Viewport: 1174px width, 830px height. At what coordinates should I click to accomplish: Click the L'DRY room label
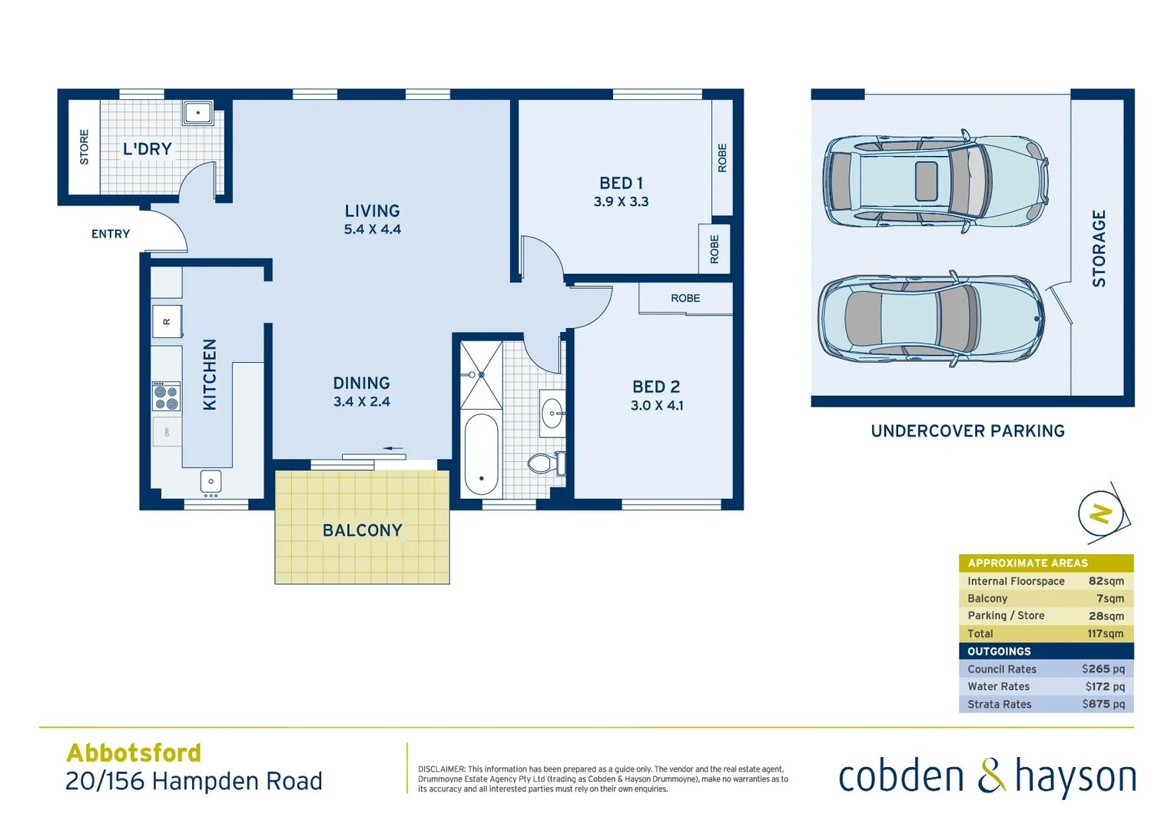pyautogui.click(x=147, y=149)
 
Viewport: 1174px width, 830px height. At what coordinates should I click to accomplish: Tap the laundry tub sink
pyautogui.click(x=197, y=113)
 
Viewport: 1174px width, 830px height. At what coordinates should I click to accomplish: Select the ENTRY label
pyautogui.click(x=111, y=234)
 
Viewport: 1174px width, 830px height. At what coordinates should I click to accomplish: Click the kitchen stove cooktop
pyautogui.click(x=166, y=397)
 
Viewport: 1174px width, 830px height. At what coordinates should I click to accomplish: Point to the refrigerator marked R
pyautogui.click(x=167, y=321)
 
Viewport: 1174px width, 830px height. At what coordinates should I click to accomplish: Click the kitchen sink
pyautogui.click(x=211, y=482)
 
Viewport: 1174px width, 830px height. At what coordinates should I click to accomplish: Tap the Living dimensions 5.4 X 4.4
pyautogui.click(x=372, y=229)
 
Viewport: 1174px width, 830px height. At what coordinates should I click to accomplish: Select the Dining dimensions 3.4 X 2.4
pyautogui.click(x=361, y=401)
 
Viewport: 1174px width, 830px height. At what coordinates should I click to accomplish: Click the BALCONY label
pyautogui.click(x=362, y=530)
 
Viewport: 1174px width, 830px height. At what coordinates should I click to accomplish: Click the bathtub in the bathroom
pyautogui.click(x=482, y=456)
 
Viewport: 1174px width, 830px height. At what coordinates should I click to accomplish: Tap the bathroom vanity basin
pyautogui.click(x=552, y=413)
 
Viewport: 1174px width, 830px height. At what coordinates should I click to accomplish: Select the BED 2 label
pyautogui.click(x=656, y=387)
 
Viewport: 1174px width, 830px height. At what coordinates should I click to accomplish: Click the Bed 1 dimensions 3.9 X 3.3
pyautogui.click(x=621, y=201)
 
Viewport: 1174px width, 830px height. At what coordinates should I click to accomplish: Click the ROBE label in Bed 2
pyautogui.click(x=685, y=298)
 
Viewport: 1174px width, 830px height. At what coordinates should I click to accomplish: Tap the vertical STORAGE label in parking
pyautogui.click(x=1099, y=248)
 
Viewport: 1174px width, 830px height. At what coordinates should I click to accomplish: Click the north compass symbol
pyautogui.click(x=1102, y=513)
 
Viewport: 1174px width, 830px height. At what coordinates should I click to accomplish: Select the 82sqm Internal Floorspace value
pyautogui.click(x=1106, y=581)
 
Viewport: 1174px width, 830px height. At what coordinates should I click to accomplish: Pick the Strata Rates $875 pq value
pyautogui.click(x=1103, y=704)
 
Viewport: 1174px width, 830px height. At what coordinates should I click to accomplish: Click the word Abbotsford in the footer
pyautogui.click(x=134, y=752)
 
